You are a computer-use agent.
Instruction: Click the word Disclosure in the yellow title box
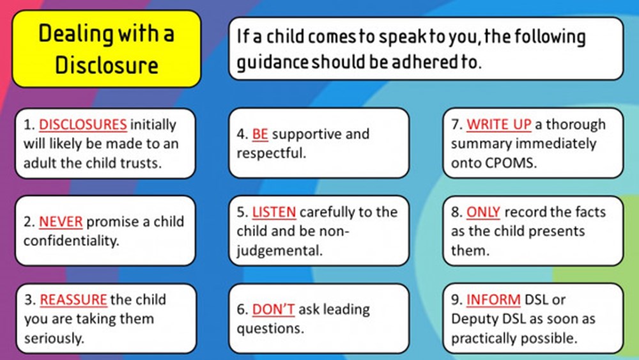(x=105, y=65)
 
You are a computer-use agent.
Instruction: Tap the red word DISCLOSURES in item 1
(x=82, y=125)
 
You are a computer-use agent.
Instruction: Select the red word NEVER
(x=61, y=222)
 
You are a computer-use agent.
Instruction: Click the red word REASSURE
(x=73, y=300)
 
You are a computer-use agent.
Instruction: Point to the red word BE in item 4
(x=259, y=134)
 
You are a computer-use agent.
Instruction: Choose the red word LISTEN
(x=273, y=212)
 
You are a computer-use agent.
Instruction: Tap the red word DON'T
(x=273, y=309)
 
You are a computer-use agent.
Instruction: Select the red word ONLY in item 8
(x=483, y=212)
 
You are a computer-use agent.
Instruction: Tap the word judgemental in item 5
(x=279, y=251)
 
